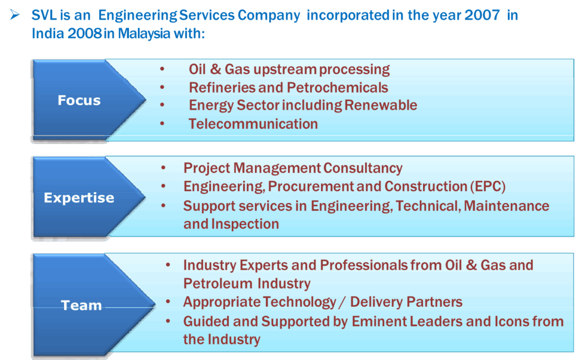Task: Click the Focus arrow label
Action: tap(79, 100)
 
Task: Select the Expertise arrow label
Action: tap(79, 198)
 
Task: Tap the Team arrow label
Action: tap(81, 305)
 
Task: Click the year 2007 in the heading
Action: tap(481, 15)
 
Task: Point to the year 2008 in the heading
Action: tap(84, 33)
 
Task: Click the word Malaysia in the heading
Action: tap(144, 34)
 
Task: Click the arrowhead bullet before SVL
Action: tap(15, 15)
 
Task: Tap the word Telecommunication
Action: tap(253, 124)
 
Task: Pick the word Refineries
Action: tap(222, 88)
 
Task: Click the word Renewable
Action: tap(381, 105)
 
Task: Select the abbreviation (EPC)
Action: tap(488, 187)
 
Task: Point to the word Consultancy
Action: tap(363, 168)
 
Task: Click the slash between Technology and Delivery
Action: tap(343, 302)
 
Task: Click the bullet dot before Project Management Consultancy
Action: tap(163, 168)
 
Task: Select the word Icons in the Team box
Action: tap(512, 321)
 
